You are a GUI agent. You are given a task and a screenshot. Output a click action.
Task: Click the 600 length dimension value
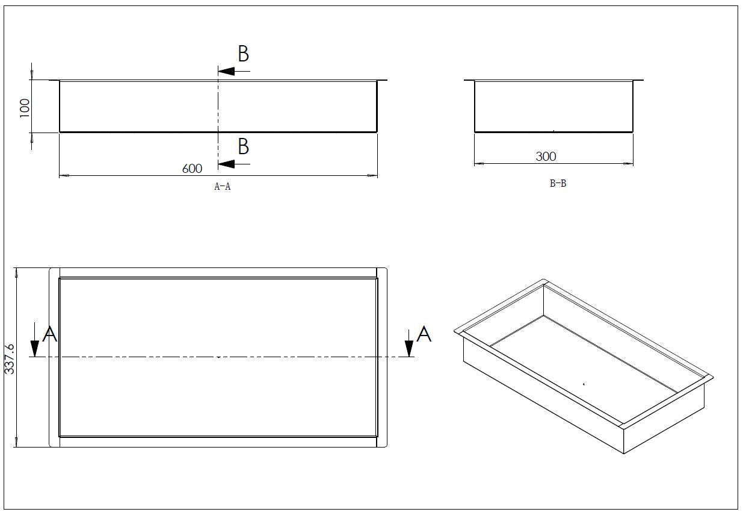point(192,169)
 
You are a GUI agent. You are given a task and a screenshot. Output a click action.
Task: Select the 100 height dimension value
point(25,108)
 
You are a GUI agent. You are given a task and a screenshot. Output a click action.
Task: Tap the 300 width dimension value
point(546,156)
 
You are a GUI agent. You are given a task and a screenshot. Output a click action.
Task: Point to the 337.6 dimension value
point(10,359)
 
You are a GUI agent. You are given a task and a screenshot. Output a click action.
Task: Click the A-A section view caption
point(223,187)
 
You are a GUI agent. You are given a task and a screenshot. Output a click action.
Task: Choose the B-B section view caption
point(558,184)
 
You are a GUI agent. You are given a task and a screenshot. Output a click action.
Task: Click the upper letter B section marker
point(243,54)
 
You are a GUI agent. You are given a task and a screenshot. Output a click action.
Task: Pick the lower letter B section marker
point(243,146)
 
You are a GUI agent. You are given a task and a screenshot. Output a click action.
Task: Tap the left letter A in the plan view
point(51,334)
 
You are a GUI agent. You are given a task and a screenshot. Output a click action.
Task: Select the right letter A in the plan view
point(424,334)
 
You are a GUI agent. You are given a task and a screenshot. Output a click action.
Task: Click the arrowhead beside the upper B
point(226,71)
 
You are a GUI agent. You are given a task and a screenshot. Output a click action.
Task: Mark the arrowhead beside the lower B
point(226,163)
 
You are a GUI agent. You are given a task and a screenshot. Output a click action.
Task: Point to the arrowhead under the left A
point(35,349)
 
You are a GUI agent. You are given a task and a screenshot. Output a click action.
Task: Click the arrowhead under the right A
point(409,349)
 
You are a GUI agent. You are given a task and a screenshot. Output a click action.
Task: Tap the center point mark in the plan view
point(218,357)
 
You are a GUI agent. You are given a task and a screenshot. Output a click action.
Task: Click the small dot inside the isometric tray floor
point(584,383)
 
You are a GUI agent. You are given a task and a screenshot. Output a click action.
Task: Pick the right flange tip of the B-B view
point(643,80)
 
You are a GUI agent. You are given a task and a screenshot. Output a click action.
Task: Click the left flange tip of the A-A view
point(51,80)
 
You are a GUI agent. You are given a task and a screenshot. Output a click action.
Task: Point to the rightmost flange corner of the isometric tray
point(712,377)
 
